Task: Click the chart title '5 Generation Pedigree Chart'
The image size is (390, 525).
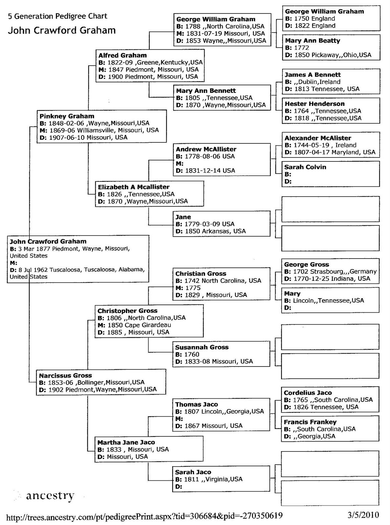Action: coord(57,16)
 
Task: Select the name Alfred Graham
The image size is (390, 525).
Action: coord(123,55)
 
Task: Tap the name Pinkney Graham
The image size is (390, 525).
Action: coord(67,116)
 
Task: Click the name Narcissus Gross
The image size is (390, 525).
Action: coord(65,375)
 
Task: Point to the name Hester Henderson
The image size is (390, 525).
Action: coord(314,104)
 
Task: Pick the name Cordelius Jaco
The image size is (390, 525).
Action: coord(308,393)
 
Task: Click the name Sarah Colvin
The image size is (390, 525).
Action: coord(305,167)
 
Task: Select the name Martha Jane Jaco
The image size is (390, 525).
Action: coord(126,442)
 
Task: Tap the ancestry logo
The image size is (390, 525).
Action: coord(50,495)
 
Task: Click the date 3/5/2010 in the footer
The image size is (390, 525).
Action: coord(363,515)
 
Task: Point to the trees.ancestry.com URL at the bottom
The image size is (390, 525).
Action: coord(145,516)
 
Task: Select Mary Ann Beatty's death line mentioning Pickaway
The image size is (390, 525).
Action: coord(329,55)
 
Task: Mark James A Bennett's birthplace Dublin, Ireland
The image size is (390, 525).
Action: coord(317,82)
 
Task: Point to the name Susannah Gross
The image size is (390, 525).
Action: coord(201,347)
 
